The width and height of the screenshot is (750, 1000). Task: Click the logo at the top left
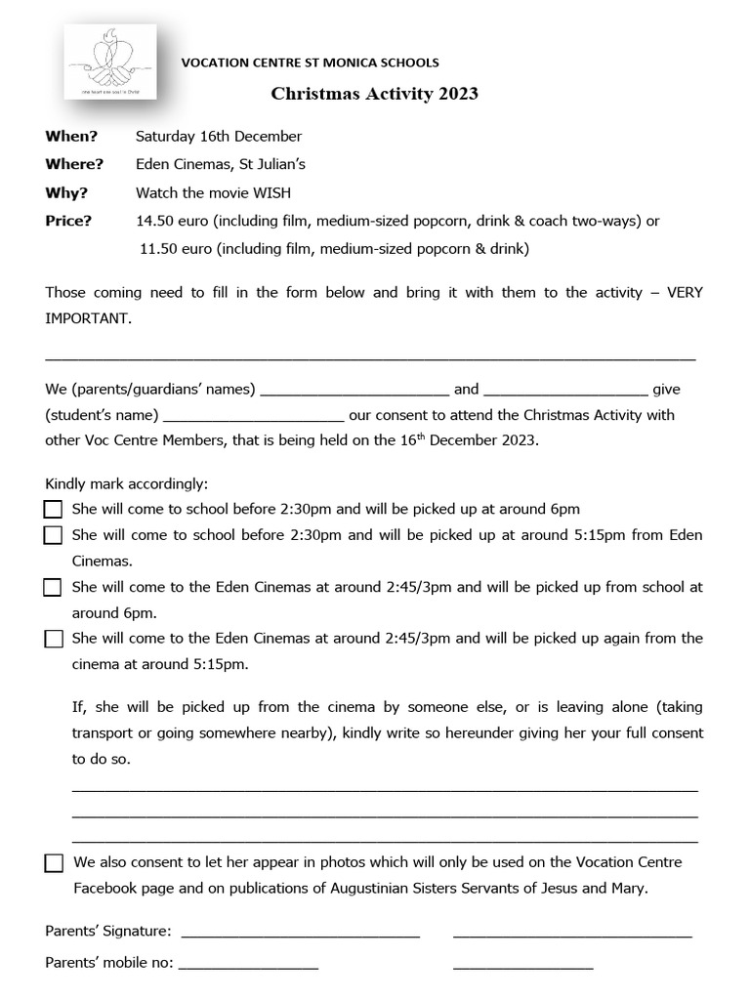click(x=111, y=62)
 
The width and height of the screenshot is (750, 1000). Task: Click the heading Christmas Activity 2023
click(x=374, y=94)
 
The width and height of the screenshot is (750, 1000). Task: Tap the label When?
click(x=71, y=136)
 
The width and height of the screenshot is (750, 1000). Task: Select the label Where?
click(x=74, y=164)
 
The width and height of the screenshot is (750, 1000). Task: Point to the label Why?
click(x=66, y=192)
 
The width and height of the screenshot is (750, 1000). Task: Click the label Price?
click(x=68, y=221)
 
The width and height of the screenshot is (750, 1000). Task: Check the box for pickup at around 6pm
click(x=53, y=509)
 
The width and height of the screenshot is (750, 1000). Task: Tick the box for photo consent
click(x=53, y=863)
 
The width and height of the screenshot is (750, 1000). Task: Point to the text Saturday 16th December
click(x=219, y=136)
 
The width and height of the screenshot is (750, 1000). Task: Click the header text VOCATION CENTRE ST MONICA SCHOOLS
click(x=311, y=62)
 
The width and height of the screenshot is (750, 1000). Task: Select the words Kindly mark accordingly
click(x=126, y=483)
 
